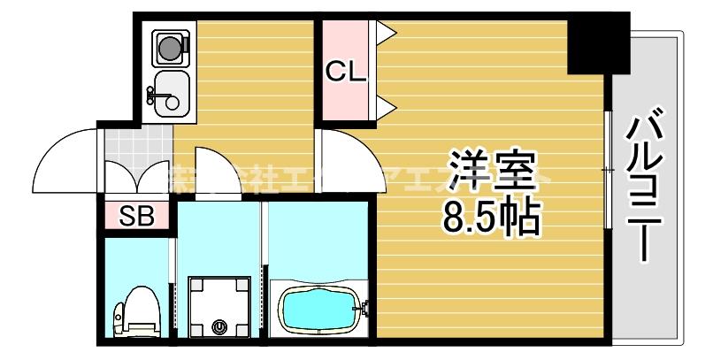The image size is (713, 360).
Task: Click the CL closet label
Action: coord(345,73)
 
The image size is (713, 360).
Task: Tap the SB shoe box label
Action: coord(135,215)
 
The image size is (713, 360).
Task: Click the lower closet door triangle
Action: coord(386,107)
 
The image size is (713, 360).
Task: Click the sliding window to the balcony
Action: coord(609,168)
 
